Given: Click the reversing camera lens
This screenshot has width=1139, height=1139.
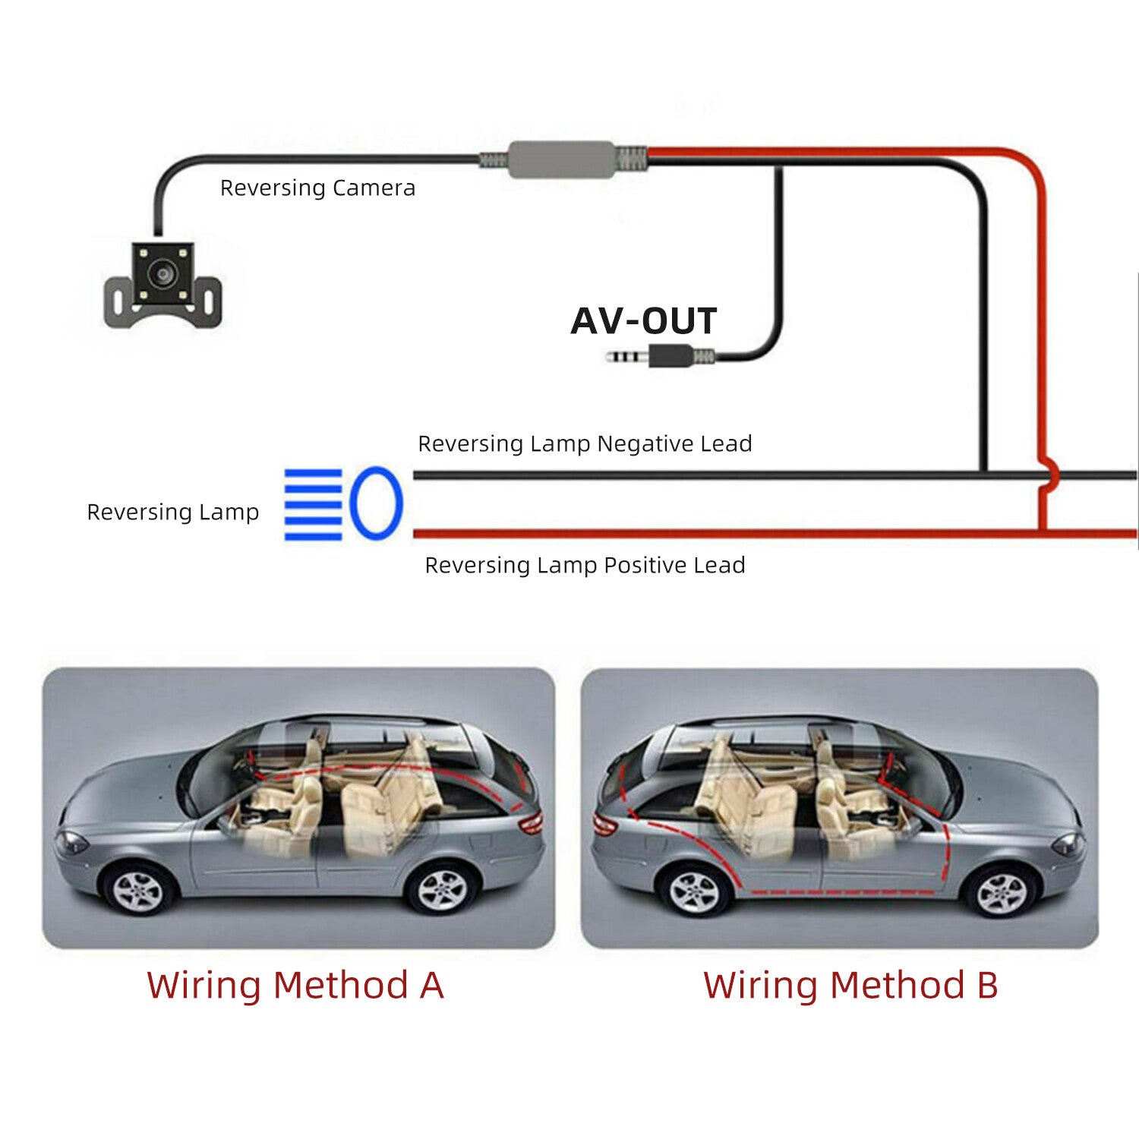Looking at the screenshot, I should [x=162, y=273].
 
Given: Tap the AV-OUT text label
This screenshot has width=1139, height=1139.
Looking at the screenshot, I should [x=644, y=320].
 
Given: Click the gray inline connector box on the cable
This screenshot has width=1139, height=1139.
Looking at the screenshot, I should [x=561, y=159].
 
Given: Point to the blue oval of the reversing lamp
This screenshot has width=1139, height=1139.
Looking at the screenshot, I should [x=376, y=503].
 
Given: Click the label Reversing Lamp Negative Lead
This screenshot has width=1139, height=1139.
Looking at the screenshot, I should [x=585, y=443].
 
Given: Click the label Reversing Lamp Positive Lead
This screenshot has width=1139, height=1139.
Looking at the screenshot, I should [x=585, y=565].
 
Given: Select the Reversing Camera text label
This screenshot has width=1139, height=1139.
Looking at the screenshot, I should [x=317, y=188].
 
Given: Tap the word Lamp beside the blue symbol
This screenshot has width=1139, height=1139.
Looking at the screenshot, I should [x=229, y=512].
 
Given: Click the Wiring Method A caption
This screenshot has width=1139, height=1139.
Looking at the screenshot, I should [x=295, y=985].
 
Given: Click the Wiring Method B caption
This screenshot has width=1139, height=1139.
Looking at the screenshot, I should [x=850, y=985].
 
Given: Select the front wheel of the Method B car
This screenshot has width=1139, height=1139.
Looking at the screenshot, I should [x=1001, y=893].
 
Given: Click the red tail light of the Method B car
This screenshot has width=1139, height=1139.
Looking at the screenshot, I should [x=604, y=825].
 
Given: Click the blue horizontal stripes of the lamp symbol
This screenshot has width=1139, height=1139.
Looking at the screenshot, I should [x=313, y=504].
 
